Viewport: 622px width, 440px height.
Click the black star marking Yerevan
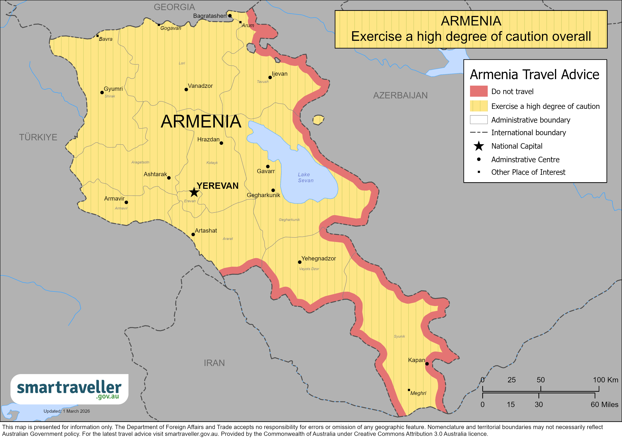pos(194,192)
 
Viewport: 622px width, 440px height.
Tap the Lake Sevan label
pos(305,178)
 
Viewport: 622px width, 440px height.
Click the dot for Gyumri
pos(102,92)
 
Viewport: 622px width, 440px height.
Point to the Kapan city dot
pos(427,364)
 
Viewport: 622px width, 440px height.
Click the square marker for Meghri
pos(409,390)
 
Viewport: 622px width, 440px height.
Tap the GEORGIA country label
pos(174,7)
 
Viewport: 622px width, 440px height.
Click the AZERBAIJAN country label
pos(400,95)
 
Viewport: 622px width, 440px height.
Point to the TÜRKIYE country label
pos(38,137)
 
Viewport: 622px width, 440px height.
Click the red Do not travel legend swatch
pos(478,91)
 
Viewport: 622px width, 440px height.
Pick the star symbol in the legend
pos(479,146)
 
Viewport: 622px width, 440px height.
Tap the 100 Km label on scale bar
pos(606,380)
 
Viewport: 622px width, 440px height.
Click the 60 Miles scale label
pos(604,405)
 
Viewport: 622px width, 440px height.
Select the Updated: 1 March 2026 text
pos(67,411)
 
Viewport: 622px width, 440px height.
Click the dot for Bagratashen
pos(230,16)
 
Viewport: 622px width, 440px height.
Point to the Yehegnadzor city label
pos(319,258)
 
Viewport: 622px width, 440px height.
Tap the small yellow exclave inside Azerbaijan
pos(318,120)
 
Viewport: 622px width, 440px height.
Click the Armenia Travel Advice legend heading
pos(534,75)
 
